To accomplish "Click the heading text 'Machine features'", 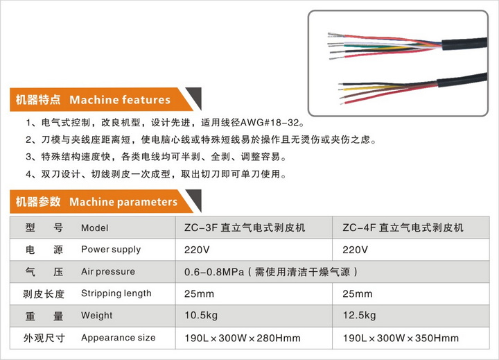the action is point(120,100).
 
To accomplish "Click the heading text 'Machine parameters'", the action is point(123,202).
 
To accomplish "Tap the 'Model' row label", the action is point(94,228).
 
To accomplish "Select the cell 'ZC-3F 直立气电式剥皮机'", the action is point(245,228).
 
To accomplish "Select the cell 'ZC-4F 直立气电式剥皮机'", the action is point(403,228).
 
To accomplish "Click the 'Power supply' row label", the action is point(111,250).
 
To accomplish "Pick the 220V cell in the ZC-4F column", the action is point(355,250).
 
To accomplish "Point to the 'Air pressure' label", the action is point(108,271).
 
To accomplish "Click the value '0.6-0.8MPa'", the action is point(214,272).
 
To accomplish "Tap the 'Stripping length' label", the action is point(116,293).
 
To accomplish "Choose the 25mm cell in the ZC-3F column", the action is point(199,293).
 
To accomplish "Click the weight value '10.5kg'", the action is point(201,316).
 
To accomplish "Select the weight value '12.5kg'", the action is point(359,316).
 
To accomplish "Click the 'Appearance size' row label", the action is point(118,338).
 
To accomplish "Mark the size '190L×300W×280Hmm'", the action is point(243,338).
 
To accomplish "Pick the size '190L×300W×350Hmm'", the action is point(401,338).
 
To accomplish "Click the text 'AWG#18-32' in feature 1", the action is point(270,122).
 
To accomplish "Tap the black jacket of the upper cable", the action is point(464,43).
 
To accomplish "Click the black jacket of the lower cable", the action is point(462,80).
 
